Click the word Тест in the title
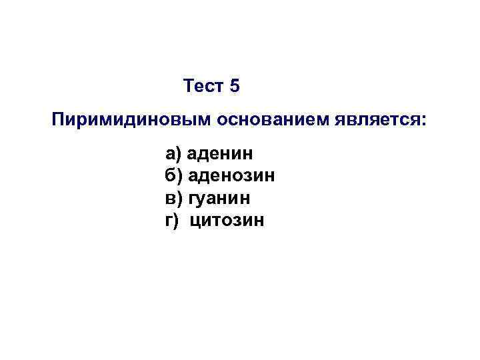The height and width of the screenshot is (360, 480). click(x=203, y=86)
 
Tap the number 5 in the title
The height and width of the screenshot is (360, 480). click(x=234, y=86)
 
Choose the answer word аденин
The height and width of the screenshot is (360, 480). click(x=220, y=155)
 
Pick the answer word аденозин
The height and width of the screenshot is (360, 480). click(x=232, y=176)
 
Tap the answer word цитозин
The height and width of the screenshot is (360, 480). click(x=227, y=219)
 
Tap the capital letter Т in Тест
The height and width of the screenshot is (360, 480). click(x=188, y=86)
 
